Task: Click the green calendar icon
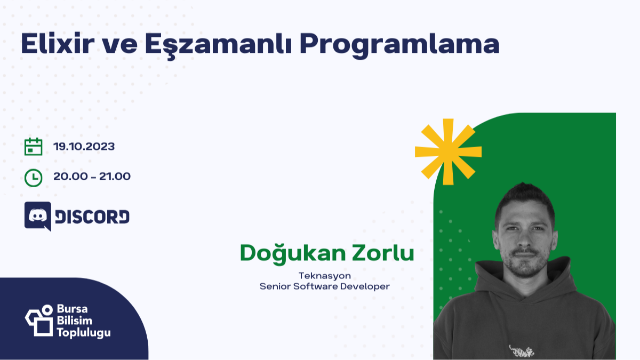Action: point(34,147)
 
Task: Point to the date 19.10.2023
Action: point(84,147)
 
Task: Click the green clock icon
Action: point(34,177)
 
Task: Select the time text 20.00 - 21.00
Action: point(92,177)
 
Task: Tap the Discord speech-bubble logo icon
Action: point(38,216)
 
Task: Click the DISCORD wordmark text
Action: point(92,217)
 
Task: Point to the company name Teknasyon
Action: point(324,276)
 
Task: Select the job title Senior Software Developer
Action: point(324,286)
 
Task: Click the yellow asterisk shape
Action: point(448,151)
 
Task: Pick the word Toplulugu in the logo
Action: point(84,333)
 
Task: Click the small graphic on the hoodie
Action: point(521,350)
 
